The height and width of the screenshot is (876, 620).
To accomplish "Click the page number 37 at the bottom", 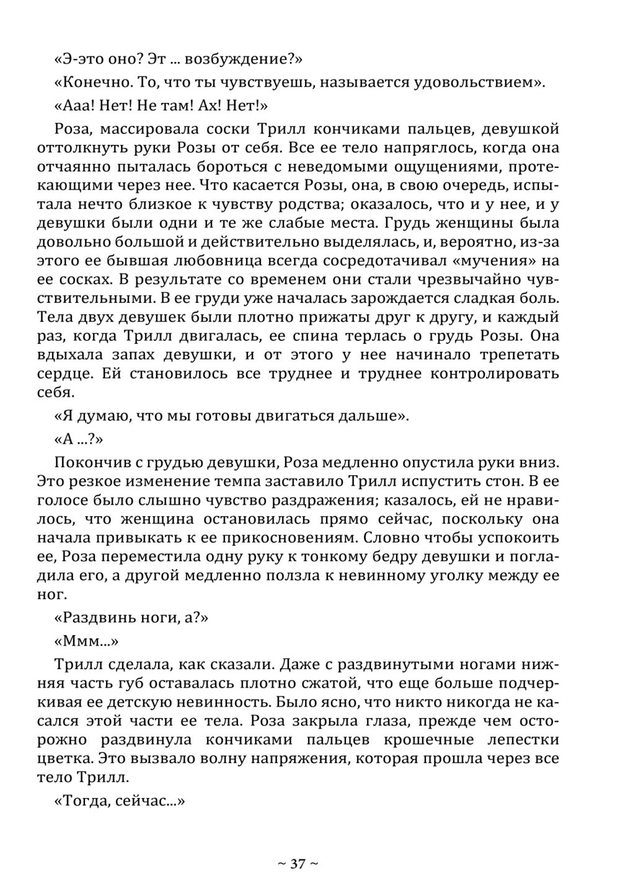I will pos(298,863).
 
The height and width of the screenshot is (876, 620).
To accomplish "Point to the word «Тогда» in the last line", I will pos(85,800).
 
